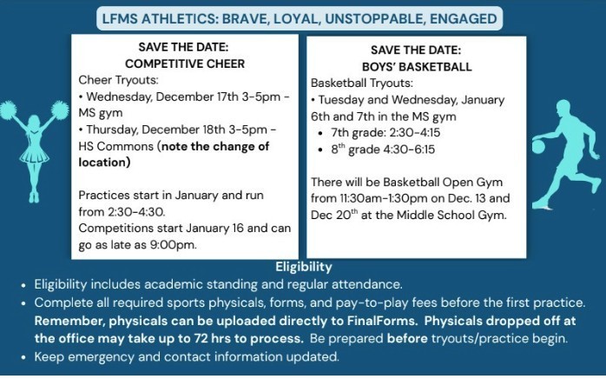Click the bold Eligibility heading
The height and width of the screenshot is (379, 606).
coord(303,267)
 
